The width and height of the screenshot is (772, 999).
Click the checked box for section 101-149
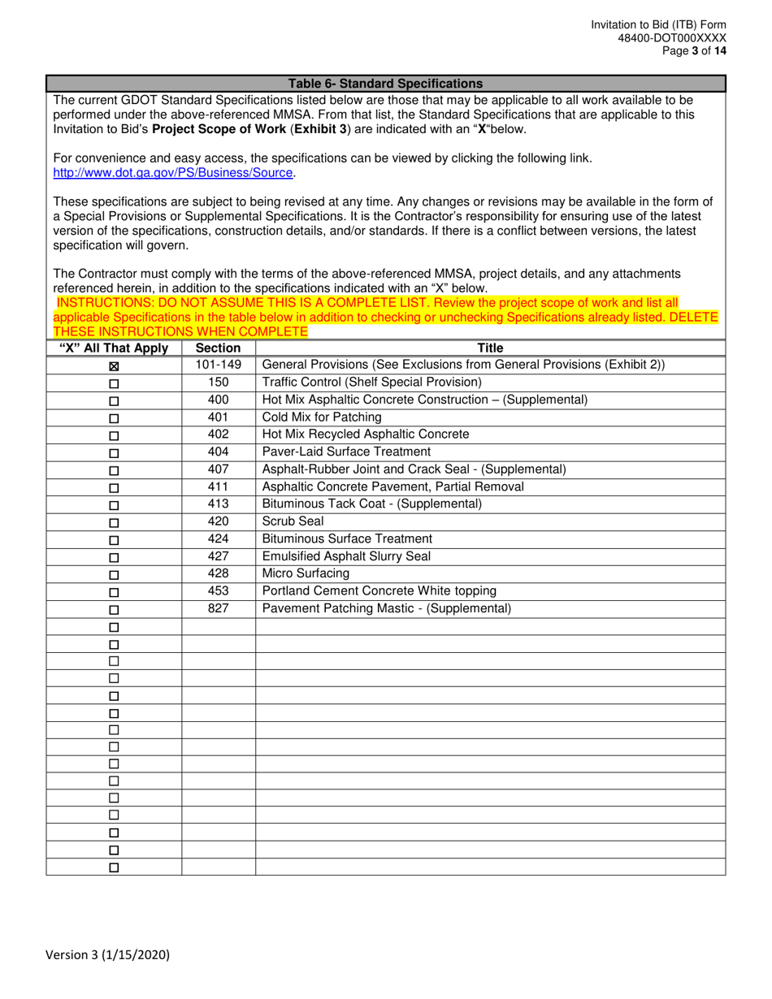pyautogui.click(x=114, y=366)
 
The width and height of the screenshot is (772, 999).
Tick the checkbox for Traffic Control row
pyautogui.click(x=114, y=383)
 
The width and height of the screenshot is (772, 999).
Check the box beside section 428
pyautogui.click(x=114, y=575)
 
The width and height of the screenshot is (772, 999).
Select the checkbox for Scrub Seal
pyautogui.click(x=114, y=523)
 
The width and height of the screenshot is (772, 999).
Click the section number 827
pyautogui.click(x=219, y=608)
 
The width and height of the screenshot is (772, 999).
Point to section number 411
pyautogui.click(x=219, y=487)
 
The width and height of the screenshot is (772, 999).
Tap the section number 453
pyautogui.click(x=219, y=590)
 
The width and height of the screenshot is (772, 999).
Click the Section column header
pyautogui.click(x=219, y=348)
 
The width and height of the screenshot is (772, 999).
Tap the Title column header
pyautogui.click(x=490, y=348)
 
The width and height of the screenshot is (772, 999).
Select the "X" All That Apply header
pyautogui.click(x=114, y=348)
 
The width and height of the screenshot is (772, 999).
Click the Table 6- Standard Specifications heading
pyautogui.click(x=385, y=84)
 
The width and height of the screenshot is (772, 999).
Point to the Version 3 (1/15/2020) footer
pyautogui.click(x=108, y=956)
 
